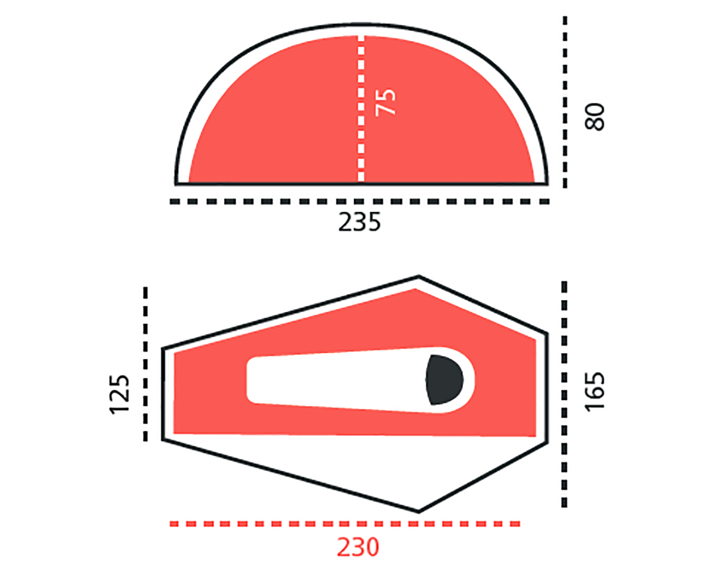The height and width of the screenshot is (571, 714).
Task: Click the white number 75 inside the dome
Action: coord(385,102)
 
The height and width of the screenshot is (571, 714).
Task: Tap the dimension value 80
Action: coord(595,117)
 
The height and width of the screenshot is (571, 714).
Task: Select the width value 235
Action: coord(359,222)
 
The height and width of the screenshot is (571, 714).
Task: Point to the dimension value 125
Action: coord(119,395)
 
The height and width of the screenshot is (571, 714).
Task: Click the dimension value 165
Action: coord(595,391)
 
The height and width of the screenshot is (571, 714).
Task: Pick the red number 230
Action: coord(358,547)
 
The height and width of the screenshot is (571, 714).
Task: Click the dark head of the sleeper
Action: coord(444,380)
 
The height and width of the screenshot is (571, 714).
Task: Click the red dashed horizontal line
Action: coord(345,524)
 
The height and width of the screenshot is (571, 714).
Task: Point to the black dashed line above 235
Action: coord(359,202)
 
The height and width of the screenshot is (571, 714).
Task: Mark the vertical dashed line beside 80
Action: coord(565,102)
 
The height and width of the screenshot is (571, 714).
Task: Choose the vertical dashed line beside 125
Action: coord(146,364)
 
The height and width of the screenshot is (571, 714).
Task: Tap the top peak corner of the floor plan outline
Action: coord(418,276)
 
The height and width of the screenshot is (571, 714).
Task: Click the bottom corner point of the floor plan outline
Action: coord(418,512)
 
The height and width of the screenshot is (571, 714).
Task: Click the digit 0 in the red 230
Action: coord(372,547)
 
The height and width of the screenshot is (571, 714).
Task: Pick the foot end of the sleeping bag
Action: coord(252,380)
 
